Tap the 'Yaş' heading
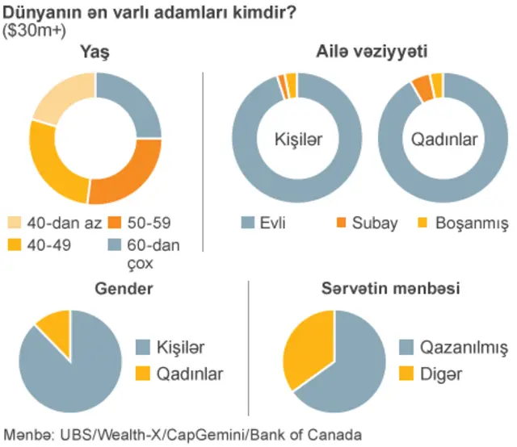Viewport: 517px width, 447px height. click(x=95, y=52)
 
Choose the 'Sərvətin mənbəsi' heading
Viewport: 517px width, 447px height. click(x=380, y=288)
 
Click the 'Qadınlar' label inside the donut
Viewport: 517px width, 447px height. click(x=444, y=139)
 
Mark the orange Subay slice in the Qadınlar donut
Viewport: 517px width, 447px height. click(x=422, y=86)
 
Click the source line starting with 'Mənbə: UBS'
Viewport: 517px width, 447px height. click(x=183, y=436)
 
